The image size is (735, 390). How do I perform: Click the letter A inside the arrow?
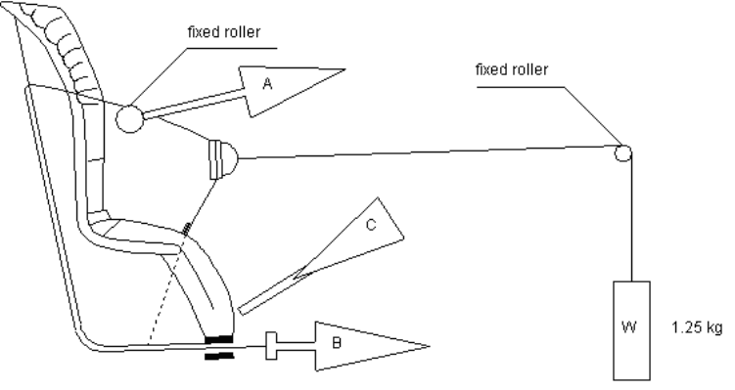[x=267, y=84]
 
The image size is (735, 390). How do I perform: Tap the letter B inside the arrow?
[x=336, y=343]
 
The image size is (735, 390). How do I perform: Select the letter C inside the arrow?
[x=370, y=225]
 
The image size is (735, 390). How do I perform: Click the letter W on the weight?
[x=628, y=326]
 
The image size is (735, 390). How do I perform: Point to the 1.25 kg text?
[x=697, y=327]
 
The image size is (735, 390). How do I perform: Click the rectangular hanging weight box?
[x=632, y=330]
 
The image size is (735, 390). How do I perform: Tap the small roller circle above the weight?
[x=622, y=153]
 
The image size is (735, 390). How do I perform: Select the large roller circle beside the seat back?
[x=129, y=118]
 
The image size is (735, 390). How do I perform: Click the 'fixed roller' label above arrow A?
[x=224, y=32]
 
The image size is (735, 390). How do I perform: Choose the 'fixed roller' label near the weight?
[x=512, y=69]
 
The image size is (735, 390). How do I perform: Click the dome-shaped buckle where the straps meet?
[x=223, y=159]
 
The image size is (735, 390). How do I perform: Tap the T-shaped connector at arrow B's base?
[x=272, y=346]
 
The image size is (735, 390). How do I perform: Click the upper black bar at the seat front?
[x=218, y=339]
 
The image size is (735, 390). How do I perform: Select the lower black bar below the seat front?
[x=219, y=357]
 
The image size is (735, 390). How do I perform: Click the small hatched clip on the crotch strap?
[x=187, y=229]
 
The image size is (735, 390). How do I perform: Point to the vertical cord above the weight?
[x=631, y=218]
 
